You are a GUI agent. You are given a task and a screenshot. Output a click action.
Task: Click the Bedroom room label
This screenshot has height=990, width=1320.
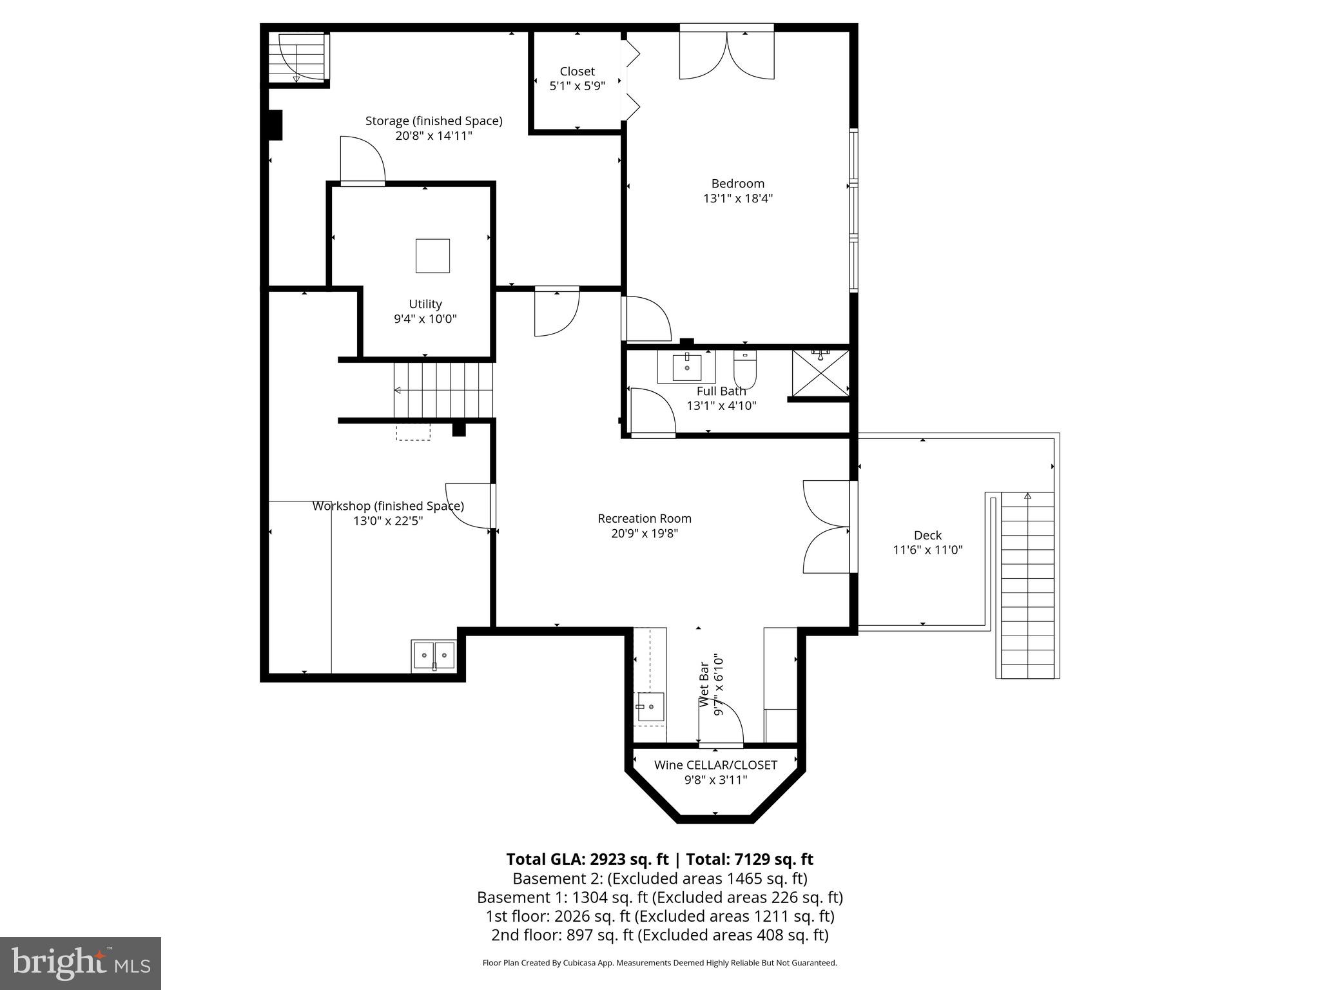tap(737, 184)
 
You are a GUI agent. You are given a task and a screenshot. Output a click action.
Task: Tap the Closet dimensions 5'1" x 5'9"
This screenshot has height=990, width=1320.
tap(577, 86)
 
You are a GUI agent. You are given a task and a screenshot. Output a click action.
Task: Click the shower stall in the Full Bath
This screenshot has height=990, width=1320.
tap(820, 373)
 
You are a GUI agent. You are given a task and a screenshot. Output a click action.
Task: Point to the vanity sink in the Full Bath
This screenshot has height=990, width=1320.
tap(686, 367)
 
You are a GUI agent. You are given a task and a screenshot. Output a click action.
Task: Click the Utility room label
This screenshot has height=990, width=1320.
tap(425, 304)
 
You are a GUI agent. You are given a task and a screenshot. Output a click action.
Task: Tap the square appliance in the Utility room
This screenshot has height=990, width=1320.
tap(432, 256)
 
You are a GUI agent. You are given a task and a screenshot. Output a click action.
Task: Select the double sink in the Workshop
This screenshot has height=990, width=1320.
tap(434, 655)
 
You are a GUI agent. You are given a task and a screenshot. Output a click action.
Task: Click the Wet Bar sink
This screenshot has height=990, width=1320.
tap(650, 708)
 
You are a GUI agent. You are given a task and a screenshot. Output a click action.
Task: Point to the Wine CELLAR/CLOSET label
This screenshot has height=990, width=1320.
tap(715, 765)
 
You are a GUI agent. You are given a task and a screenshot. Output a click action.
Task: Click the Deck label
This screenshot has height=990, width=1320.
tap(927, 535)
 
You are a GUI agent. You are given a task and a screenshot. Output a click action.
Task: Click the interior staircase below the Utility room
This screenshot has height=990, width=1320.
tap(443, 390)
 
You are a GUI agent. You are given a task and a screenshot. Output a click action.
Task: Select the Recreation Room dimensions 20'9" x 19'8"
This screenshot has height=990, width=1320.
tap(645, 534)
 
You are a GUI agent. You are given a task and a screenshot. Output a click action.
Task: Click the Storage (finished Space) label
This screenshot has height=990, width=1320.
tap(434, 121)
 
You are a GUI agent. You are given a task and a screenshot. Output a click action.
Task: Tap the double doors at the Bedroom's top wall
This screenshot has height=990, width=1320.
tap(727, 56)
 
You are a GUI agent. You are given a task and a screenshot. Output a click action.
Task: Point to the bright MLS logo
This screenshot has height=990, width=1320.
tap(81, 963)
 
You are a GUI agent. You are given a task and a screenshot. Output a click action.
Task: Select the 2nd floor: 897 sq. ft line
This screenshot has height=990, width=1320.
tap(659, 935)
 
